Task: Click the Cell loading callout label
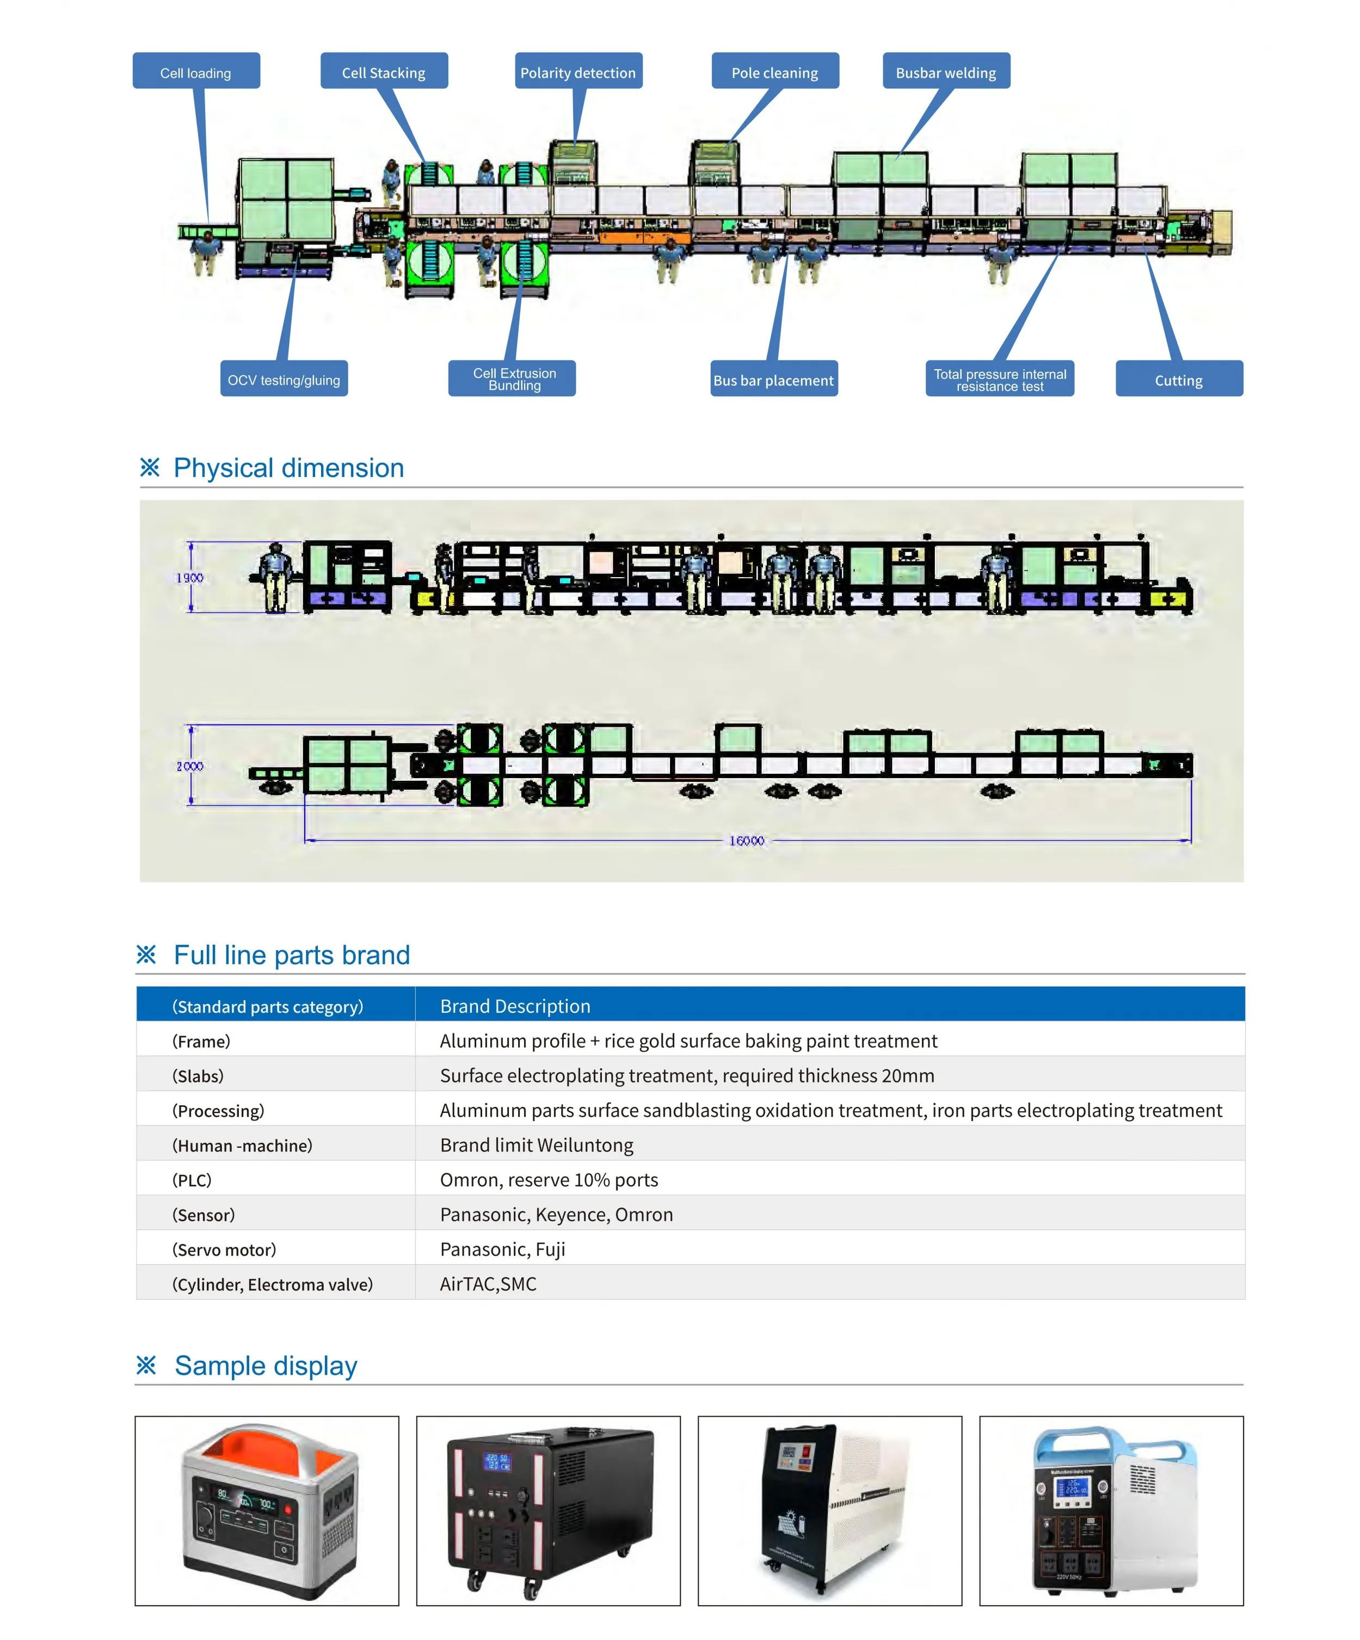point(195,72)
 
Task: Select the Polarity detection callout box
point(578,72)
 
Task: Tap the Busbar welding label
point(945,72)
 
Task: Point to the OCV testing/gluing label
point(284,380)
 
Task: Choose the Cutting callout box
point(1178,380)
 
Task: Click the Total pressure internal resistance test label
point(999,380)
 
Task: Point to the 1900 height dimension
point(190,578)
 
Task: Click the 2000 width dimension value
point(190,766)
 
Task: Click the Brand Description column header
point(515,1006)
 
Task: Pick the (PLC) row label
point(192,1180)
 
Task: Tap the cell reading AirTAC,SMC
point(488,1284)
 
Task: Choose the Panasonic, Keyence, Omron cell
point(556,1214)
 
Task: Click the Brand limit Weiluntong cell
point(537,1145)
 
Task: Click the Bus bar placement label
point(773,380)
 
